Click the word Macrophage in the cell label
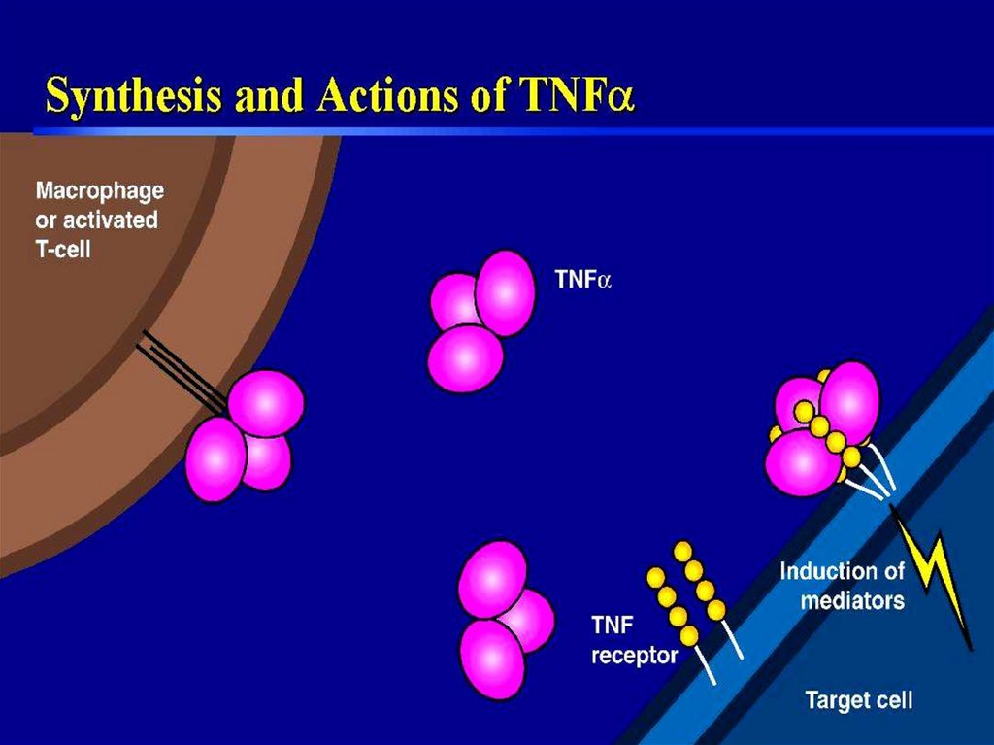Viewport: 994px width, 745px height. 100,190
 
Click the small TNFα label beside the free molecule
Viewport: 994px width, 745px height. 582,281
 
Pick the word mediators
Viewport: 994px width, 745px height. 852,599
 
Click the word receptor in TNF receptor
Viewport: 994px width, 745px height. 635,656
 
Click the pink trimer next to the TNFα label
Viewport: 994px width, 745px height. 480,320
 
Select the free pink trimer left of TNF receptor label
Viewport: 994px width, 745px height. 501,618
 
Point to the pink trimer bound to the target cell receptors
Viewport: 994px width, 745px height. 821,427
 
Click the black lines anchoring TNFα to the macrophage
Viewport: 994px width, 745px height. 184,369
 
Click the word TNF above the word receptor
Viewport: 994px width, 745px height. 612,626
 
